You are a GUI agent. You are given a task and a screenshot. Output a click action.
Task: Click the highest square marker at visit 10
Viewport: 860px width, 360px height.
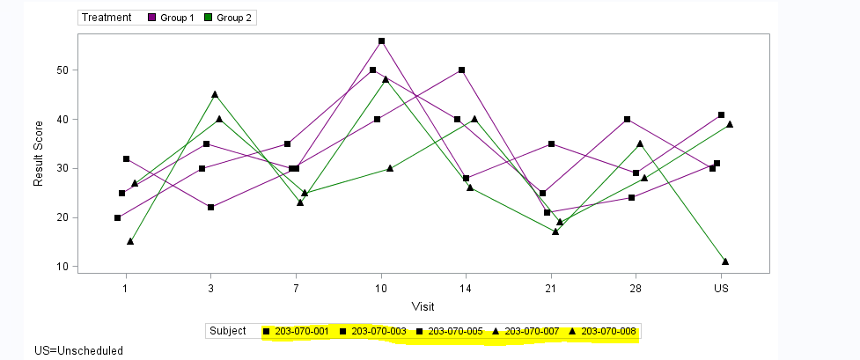click(381, 41)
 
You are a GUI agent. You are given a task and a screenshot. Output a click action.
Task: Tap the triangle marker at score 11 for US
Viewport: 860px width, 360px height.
click(725, 261)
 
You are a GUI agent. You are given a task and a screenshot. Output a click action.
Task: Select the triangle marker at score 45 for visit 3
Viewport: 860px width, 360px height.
click(215, 94)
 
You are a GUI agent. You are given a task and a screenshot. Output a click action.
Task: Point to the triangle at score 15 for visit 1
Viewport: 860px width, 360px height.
click(130, 241)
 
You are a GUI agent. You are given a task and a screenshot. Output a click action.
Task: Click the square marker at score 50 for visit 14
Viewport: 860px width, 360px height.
click(462, 70)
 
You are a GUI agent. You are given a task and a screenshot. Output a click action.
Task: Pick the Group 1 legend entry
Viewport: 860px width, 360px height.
click(172, 18)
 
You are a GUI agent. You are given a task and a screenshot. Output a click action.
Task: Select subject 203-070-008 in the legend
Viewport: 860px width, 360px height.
click(607, 331)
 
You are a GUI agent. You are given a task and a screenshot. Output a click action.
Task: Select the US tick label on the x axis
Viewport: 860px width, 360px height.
click(721, 288)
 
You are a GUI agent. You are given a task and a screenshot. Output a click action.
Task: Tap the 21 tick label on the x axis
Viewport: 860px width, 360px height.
click(550, 288)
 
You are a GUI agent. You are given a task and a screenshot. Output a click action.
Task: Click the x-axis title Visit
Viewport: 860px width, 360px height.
click(423, 306)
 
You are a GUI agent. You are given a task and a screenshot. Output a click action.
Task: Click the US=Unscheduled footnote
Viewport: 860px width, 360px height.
click(78, 350)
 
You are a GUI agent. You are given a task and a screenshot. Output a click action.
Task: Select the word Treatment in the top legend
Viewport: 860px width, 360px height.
click(107, 18)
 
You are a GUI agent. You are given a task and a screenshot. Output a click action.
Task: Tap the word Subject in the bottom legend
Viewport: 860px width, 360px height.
click(228, 331)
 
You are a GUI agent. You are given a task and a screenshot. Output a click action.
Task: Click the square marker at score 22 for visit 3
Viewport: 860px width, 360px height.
click(210, 208)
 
